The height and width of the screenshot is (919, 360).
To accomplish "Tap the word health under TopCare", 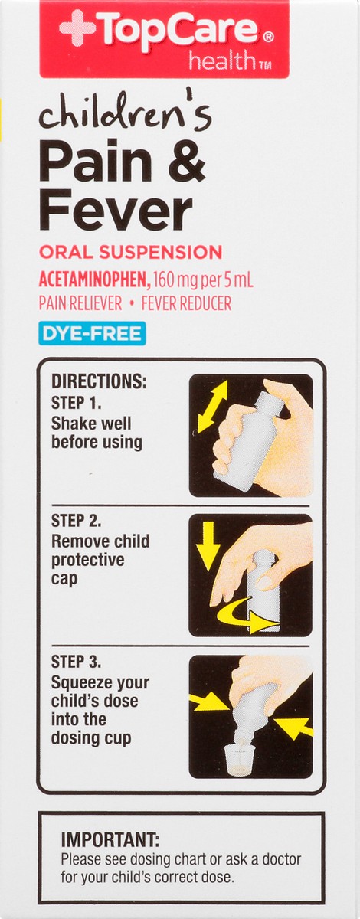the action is pyautogui.click(x=221, y=61).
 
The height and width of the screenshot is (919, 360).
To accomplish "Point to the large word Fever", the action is pyautogui.click(x=116, y=211).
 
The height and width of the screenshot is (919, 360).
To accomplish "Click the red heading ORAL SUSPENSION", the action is pyautogui.click(x=130, y=252).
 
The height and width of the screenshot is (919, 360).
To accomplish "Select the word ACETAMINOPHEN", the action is pyautogui.click(x=93, y=280).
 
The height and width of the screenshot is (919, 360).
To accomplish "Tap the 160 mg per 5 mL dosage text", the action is pyautogui.click(x=202, y=280).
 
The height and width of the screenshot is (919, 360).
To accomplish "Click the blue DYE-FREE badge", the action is pyautogui.click(x=92, y=333).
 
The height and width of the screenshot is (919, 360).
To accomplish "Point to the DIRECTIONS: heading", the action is pyautogui.click(x=99, y=381).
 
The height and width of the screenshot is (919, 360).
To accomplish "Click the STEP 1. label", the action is pyautogui.click(x=77, y=403).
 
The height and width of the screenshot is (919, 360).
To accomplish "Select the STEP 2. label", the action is pyautogui.click(x=77, y=521).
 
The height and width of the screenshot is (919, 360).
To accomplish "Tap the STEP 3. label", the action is pyautogui.click(x=77, y=662).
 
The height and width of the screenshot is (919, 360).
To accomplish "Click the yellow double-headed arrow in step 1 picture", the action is pyautogui.click(x=212, y=407).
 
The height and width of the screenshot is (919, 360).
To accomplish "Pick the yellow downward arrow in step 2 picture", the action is pyautogui.click(x=208, y=545).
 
